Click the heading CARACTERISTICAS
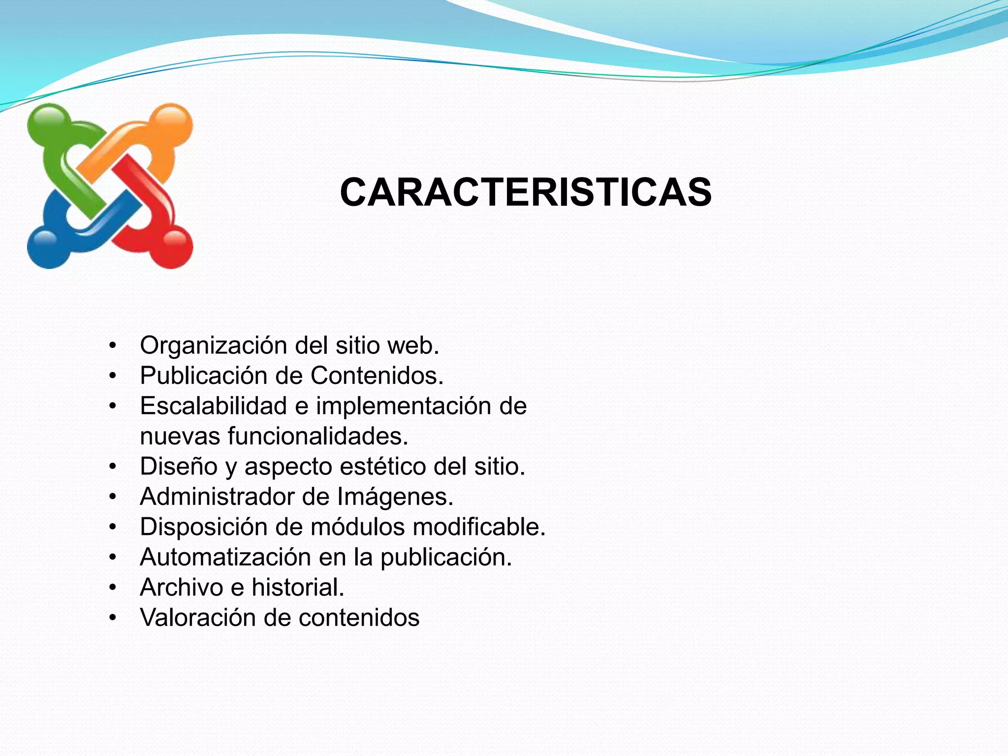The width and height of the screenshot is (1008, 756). (x=525, y=192)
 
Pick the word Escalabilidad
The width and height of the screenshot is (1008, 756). (x=213, y=406)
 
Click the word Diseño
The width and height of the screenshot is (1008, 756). (x=178, y=467)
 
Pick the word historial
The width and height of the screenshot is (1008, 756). (x=298, y=588)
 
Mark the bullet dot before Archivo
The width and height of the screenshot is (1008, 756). (x=113, y=588)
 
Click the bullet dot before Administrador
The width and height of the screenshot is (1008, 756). (x=113, y=497)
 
